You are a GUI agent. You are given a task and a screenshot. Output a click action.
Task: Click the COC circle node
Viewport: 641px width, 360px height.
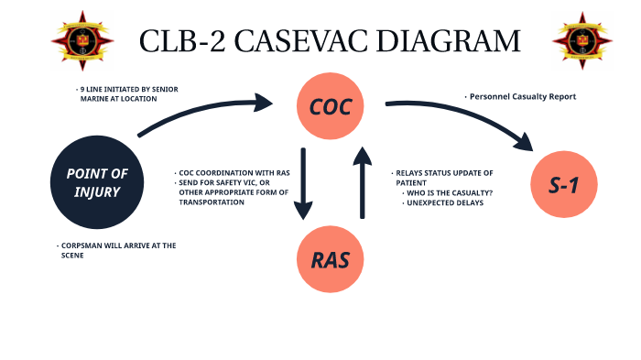[330, 107]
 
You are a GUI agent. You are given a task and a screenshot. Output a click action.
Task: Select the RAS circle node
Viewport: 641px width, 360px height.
[330, 259]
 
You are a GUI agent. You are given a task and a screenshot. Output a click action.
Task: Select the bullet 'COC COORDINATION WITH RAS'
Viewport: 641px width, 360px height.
[235, 173]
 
